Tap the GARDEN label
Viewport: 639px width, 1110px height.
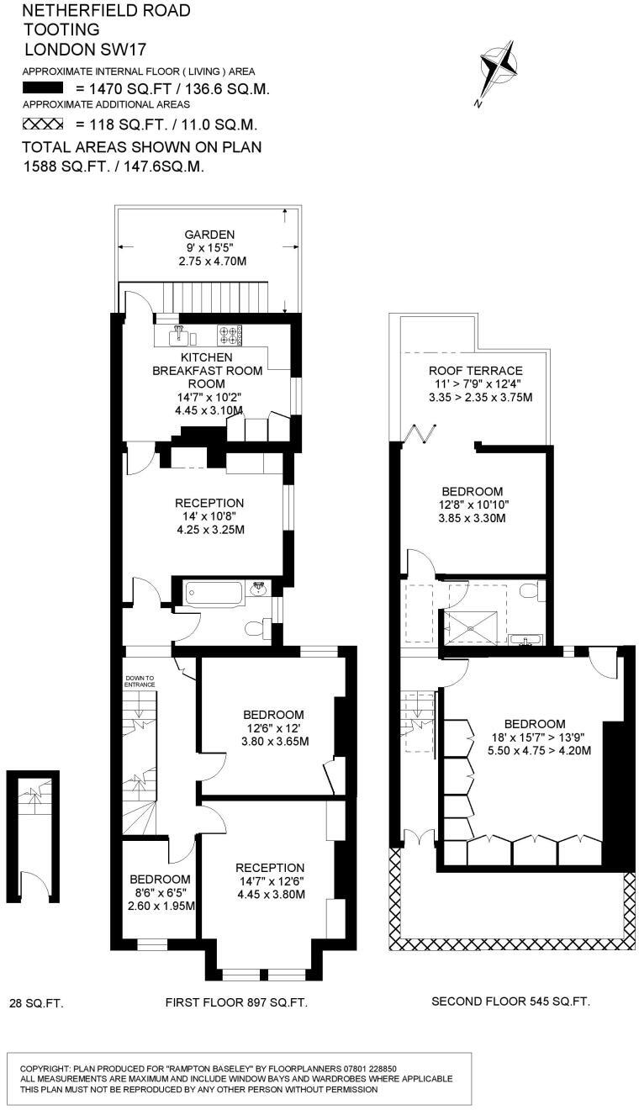pos(210,235)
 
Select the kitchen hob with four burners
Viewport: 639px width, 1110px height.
pos(230,336)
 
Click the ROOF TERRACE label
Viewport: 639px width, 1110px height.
pos(475,371)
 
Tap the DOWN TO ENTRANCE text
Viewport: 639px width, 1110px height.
pos(140,681)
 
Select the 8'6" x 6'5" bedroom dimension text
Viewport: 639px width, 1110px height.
pos(161,892)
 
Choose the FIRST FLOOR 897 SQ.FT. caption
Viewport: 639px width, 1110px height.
pos(236,1002)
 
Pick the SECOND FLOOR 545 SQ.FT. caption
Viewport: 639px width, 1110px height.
pos(510,1002)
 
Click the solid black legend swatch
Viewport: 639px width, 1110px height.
pos(43,88)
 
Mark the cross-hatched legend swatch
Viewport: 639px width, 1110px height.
pos(43,124)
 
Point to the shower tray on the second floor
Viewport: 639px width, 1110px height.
pos(475,626)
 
